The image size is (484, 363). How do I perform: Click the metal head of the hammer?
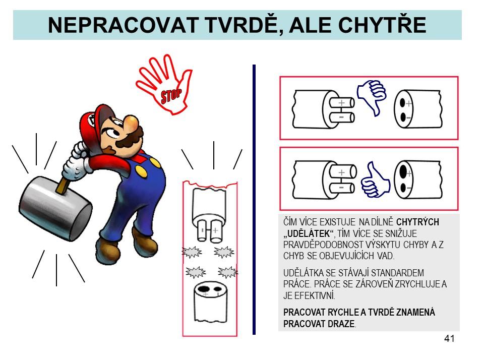click(55, 208)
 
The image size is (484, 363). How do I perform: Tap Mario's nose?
click(132, 123)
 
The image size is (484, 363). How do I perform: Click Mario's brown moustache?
click(130, 141)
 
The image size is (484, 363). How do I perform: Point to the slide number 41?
click(449, 339)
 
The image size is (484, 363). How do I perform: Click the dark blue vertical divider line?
click(254, 200)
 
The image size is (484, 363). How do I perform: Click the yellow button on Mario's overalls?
click(142, 171)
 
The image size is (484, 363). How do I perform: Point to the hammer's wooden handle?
click(63, 186)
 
